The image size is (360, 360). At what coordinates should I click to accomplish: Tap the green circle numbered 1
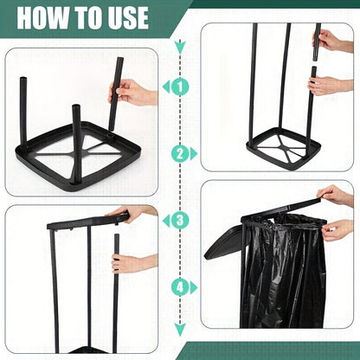click(179, 87)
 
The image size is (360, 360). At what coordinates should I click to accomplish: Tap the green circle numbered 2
click(179, 153)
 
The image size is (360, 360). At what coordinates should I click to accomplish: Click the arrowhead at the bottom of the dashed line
click(179, 329)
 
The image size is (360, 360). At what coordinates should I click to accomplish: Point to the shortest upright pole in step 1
click(76, 130)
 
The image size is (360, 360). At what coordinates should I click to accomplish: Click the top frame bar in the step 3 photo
click(87, 222)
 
